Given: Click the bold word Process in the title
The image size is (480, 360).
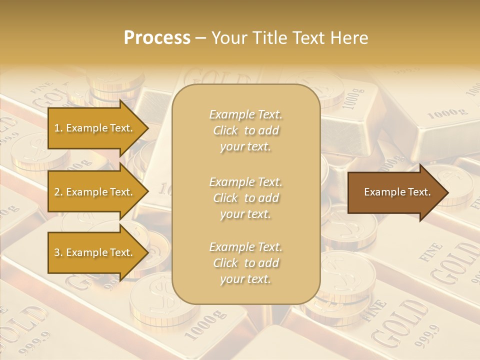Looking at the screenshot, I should click(157, 38).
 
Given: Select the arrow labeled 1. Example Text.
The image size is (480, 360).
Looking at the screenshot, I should click(95, 128).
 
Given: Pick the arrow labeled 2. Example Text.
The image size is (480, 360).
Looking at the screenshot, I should click(95, 192).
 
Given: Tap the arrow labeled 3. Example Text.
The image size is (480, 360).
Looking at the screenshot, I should click(95, 252).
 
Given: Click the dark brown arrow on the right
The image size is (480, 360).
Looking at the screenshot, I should click(395, 192).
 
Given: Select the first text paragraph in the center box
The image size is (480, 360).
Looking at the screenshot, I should click(245, 130).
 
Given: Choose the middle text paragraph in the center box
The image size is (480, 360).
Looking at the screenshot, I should click(245, 198).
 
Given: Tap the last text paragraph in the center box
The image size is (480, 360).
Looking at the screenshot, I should click(245, 263).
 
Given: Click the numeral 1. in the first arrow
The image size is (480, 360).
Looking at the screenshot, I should click(58, 128).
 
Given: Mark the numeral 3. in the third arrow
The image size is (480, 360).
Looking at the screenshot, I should click(58, 252).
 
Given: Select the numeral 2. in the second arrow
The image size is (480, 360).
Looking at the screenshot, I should click(58, 192).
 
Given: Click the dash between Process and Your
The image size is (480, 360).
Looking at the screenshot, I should click(201, 38).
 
